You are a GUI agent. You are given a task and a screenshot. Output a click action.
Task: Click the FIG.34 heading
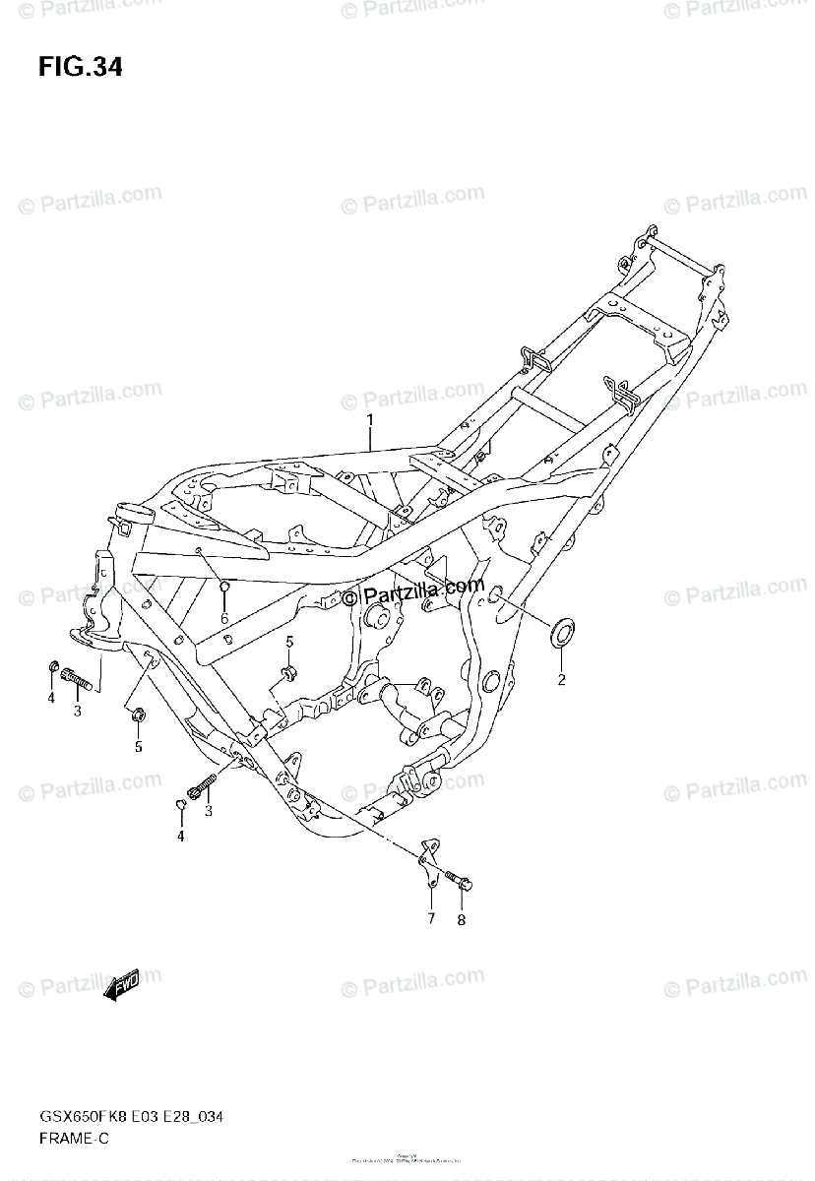pos(81,67)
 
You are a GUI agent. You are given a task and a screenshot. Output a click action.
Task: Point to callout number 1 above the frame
pos(370,421)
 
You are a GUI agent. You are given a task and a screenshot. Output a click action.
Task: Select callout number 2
pos(562,679)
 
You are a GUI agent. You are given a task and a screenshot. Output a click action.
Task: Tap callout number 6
pos(224,618)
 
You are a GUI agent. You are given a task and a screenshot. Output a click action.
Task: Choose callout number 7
pos(430,918)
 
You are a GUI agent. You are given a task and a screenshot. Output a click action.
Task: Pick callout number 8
pos(461,920)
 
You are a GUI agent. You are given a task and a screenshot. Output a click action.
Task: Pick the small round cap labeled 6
pos(224,589)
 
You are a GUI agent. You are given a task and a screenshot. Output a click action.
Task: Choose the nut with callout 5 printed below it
pos(138,713)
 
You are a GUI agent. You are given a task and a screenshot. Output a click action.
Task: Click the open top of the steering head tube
pos(124,511)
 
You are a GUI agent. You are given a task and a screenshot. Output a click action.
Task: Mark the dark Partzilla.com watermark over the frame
pos(413,592)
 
